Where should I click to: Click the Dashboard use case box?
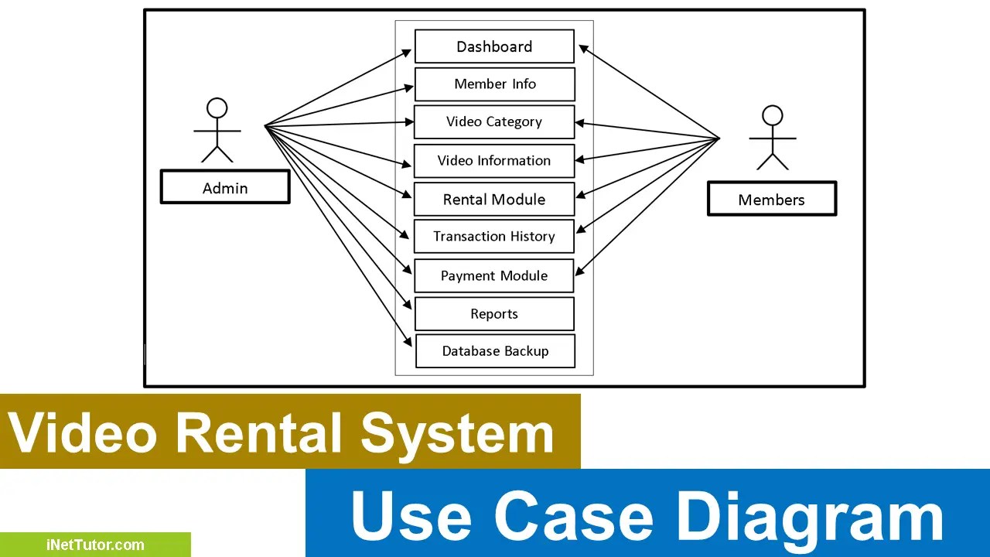[x=494, y=46]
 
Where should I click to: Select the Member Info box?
[x=494, y=84]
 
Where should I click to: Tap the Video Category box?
[x=494, y=122]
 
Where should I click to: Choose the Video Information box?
[x=494, y=161]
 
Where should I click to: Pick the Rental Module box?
[x=494, y=200]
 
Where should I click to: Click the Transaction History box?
[x=494, y=237]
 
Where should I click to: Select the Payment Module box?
[x=494, y=275]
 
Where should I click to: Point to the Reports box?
[x=494, y=314]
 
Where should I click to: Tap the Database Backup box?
[x=495, y=351]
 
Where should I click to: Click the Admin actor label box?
[x=225, y=188]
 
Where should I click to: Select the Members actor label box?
[x=771, y=200]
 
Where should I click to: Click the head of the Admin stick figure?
[x=217, y=108]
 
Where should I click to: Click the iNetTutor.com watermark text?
[x=94, y=545]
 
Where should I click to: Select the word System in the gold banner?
[x=457, y=432]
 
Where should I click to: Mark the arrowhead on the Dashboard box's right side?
[x=584, y=49]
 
